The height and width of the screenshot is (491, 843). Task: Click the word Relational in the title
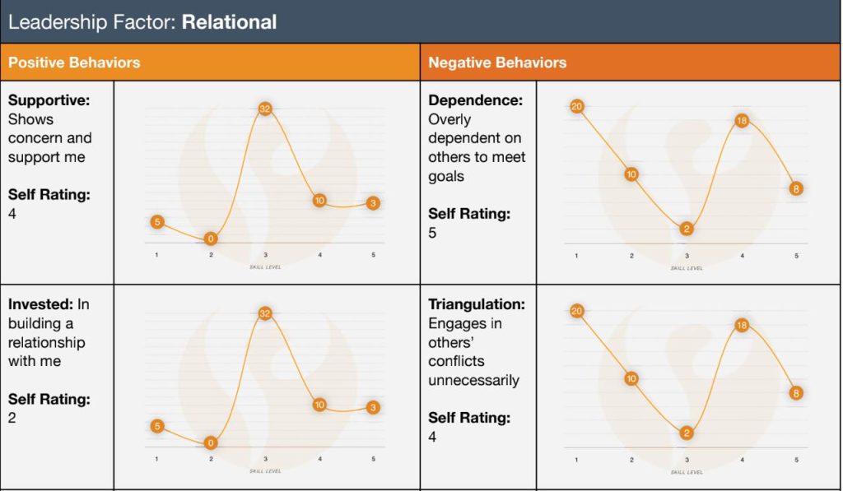pyautogui.click(x=229, y=22)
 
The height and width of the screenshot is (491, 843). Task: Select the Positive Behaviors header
pyautogui.click(x=74, y=63)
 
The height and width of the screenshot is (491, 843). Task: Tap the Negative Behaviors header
pyautogui.click(x=497, y=63)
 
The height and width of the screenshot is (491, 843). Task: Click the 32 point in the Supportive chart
pyautogui.click(x=265, y=109)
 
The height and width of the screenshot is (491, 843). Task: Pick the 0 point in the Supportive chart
pyautogui.click(x=211, y=239)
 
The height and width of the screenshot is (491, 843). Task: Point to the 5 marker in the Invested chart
pyautogui.click(x=156, y=426)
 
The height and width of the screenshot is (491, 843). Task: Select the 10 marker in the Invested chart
pyautogui.click(x=319, y=405)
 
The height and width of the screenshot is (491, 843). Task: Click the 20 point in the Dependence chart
pyautogui.click(x=576, y=106)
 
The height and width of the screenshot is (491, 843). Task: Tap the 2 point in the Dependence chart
pyautogui.click(x=687, y=229)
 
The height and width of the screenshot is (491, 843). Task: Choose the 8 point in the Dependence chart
pyautogui.click(x=796, y=188)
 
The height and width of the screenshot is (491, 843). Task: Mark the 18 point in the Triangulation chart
pyautogui.click(x=741, y=325)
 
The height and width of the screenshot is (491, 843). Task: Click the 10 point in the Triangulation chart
pyautogui.click(x=631, y=378)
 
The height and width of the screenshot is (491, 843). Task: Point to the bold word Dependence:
pyautogui.click(x=475, y=100)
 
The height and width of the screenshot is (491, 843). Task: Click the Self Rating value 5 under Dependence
pyautogui.click(x=432, y=233)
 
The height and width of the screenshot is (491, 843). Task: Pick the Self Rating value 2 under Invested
pyautogui.click(x=12, y=418)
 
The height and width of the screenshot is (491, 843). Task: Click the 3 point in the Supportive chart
pyautogui.click(x=373, y=203)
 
